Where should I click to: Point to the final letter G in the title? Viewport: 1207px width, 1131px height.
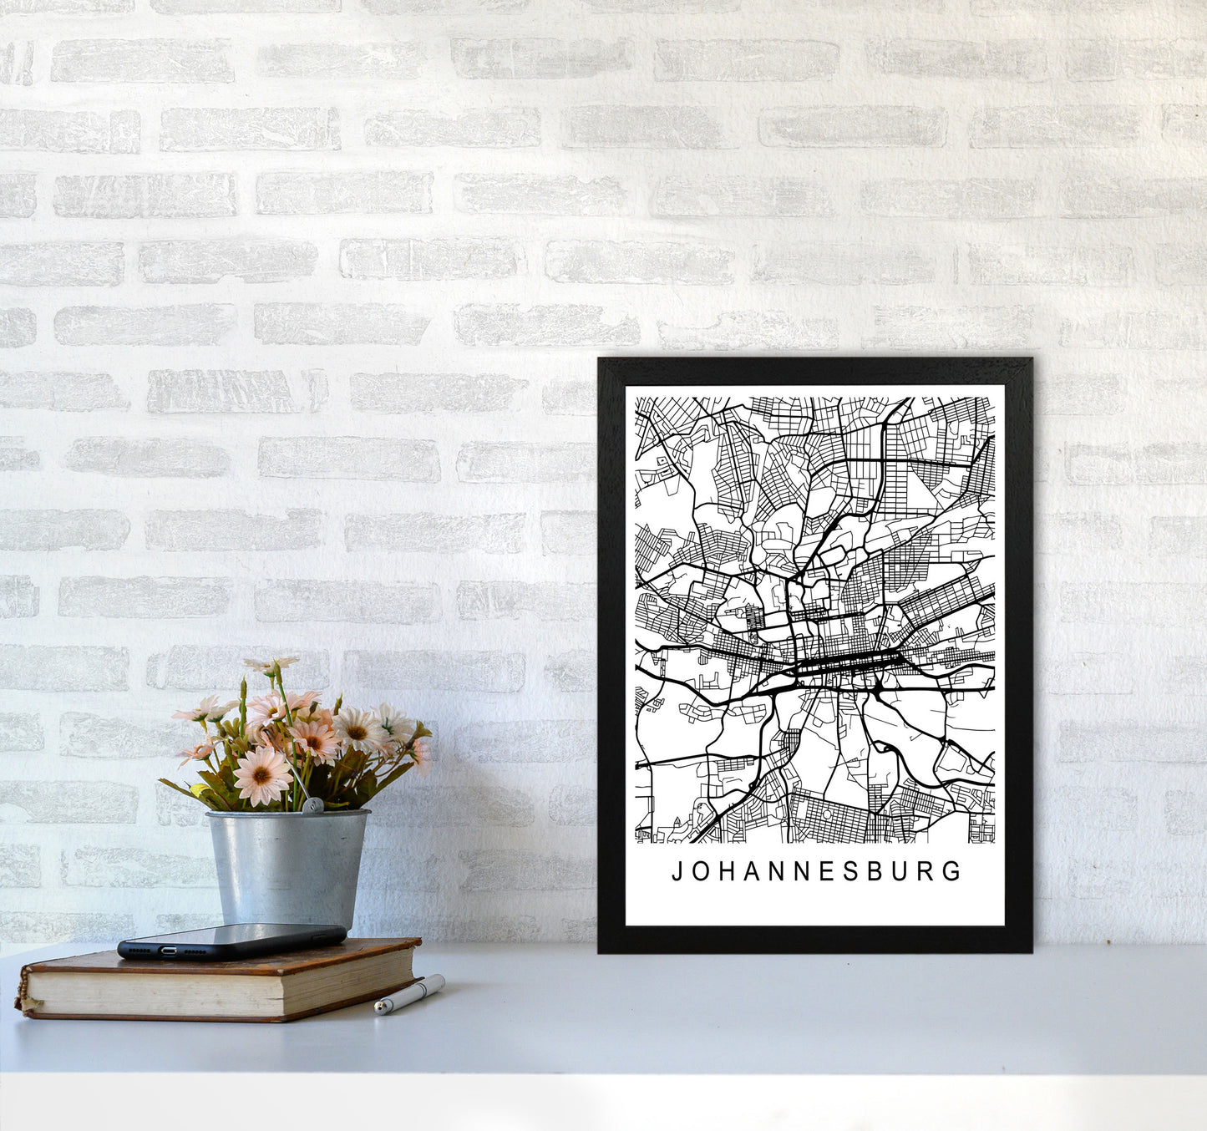954,872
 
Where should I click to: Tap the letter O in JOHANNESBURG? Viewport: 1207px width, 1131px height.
701,872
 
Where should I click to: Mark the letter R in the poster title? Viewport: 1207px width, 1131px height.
928,872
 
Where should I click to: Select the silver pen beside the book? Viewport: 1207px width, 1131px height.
409,994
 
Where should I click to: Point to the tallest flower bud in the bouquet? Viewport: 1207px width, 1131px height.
272,664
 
